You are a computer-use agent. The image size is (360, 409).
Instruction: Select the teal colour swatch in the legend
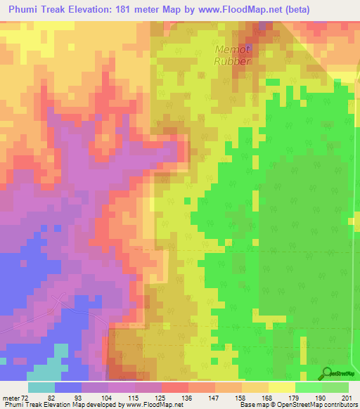41,387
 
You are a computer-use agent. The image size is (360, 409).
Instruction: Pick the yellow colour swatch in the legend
282,387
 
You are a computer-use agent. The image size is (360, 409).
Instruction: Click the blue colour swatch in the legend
68,387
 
